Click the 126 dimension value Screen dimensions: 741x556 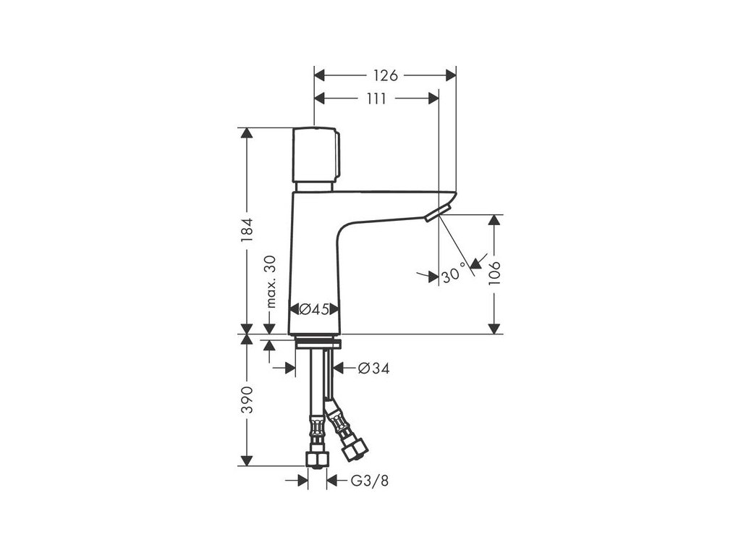(386, 75)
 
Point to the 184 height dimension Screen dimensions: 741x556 (247, 230)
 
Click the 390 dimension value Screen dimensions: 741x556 (247, 400)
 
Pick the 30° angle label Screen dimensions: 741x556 (453, 275)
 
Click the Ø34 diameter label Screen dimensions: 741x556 (374, 368)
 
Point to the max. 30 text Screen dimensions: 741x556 (271, 282)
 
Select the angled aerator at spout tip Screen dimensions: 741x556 (438, 212)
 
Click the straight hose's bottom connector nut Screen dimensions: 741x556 (316, 460)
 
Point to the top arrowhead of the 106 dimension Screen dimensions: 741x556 (494, 219)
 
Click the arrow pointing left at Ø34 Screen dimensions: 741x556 (339, 368)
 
